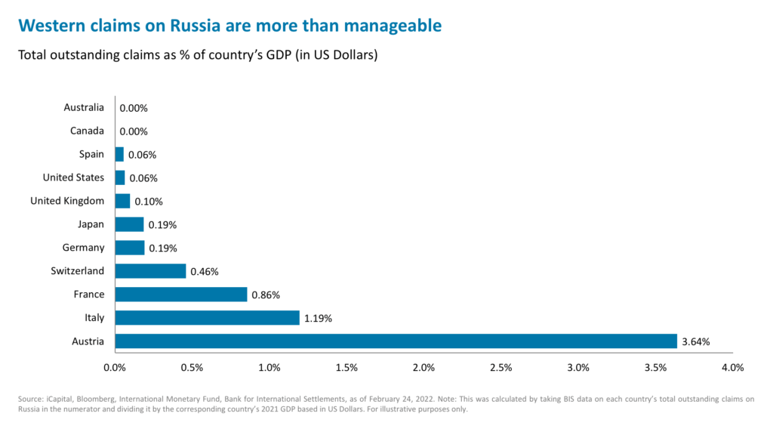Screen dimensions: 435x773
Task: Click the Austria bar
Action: point(396,341)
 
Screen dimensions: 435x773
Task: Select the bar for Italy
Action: point(207,318)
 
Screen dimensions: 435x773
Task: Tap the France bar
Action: point(181,295)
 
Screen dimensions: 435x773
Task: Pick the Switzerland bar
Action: point(150,271)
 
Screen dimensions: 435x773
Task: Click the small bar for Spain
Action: point(119,155)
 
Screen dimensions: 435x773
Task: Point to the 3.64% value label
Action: point(695,341)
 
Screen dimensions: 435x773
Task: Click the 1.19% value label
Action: point(317,318)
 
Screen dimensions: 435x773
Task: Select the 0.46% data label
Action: point(204,271)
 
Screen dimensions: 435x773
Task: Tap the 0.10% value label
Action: point(148,202)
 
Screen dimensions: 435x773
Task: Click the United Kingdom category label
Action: point(67,201)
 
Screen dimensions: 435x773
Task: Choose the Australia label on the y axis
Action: point(84,108)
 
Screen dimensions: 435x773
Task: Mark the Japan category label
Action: point(91,224)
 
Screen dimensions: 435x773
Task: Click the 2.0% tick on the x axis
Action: point(423,368)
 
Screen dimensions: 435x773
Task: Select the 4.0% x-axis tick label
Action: point(732,368)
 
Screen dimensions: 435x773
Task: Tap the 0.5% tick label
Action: point(192,368)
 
